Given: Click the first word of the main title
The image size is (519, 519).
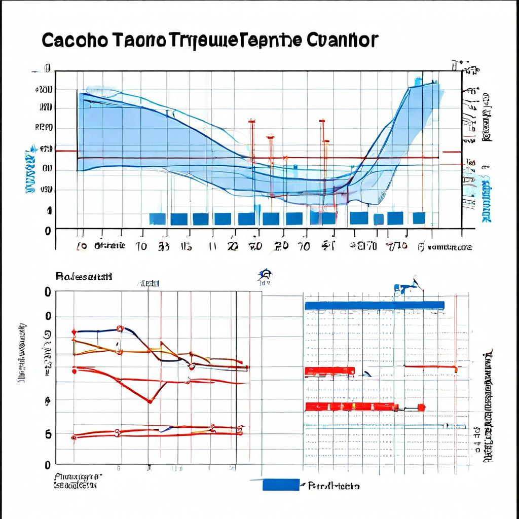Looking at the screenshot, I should point(74,40).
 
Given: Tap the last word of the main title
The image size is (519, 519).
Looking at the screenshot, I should point(343,40).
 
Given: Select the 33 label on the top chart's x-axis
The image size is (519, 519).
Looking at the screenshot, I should point(164,246).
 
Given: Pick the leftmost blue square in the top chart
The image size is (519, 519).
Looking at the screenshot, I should point(157,218).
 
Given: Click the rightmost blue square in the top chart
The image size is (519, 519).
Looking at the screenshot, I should point(419,218).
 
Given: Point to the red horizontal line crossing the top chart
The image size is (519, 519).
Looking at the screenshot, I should point(253,158).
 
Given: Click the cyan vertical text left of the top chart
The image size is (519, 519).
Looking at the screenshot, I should point(29,172).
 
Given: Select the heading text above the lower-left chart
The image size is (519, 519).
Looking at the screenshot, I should point(84,276).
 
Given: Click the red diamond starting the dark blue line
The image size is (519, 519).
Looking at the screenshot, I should point(75,332).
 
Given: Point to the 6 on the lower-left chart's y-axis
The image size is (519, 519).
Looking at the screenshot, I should point(48,434).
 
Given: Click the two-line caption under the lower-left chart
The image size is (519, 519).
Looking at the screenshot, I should point(76,481).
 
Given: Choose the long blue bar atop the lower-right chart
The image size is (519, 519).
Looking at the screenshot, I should point(375,305).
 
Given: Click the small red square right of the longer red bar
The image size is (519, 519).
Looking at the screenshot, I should point(421,407).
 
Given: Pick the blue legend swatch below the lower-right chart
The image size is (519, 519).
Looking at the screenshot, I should point(281,485).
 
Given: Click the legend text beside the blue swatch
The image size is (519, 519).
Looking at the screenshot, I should point(335,486).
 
